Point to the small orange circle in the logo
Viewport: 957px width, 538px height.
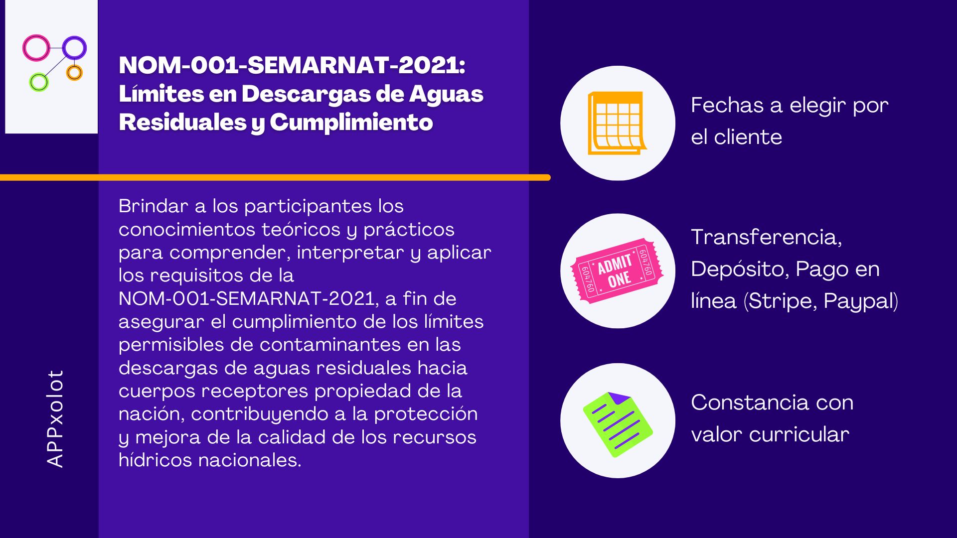coord(68,73)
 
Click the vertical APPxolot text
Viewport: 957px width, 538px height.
coord(55,418)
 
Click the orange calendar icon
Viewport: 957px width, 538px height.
coord(617,123)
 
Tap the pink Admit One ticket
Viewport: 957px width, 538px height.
coord(617,271)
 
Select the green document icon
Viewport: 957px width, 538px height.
coord(618,424)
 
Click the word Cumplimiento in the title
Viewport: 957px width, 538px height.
coord(351,123)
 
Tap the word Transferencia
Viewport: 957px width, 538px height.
coord(767,237)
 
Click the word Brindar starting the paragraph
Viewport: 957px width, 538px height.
coord(153,206)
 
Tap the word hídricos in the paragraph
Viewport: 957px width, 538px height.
coord(155,460)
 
